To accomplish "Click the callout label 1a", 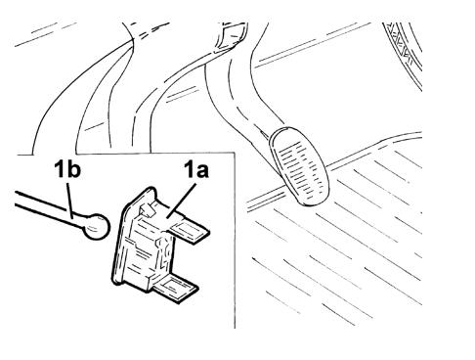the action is coord(195,170).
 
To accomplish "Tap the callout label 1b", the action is coord(67,170).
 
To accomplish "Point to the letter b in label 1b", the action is coord(74,170).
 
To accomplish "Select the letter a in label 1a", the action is coord(201,172).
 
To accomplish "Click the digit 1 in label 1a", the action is coord(190,170).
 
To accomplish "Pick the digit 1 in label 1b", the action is coord(61,170).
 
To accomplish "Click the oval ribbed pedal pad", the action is coord(299,166).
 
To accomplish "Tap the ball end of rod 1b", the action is coord(97,226).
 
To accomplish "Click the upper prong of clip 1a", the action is coord(190,232).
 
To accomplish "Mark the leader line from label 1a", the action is coord(181,200).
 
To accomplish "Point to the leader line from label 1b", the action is coord(69,200).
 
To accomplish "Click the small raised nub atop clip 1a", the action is coord(148,208).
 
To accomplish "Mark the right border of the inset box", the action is coord(235,241).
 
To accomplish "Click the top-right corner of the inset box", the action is coord(235,153).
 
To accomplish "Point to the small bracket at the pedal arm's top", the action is coord(232,35).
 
